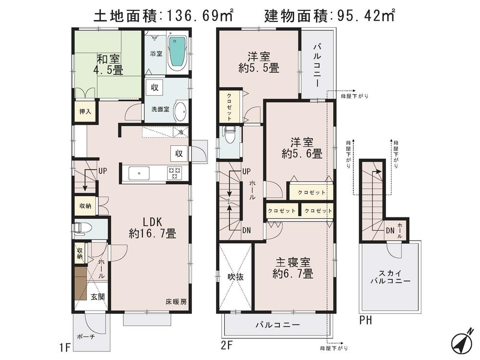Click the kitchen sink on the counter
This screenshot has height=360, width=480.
click(x=138, y=173)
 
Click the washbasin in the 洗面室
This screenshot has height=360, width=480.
click(x=180, y=111)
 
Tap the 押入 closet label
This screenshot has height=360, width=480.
click(x=85, y=112)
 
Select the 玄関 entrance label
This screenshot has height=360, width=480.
click(x=98, y=296)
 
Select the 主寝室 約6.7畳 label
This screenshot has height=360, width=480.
click(x=292, y=268)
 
